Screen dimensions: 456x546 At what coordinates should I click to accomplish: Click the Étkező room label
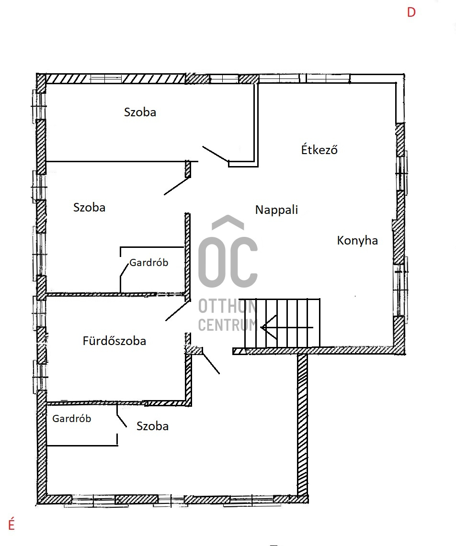click(319, 149)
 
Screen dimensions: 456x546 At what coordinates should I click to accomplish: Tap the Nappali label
click(276, 210)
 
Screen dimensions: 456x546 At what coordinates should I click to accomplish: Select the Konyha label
click(357, 240)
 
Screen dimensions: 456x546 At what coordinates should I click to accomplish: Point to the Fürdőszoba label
click(114, 340)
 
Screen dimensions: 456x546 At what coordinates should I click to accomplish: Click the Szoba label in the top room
click(140, 112)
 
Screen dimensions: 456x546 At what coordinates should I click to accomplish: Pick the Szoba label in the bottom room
click(152, 426)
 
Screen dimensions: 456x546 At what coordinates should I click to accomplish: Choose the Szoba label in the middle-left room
click(89, 207)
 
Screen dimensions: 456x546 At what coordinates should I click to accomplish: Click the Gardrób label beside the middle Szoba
click(149, 262)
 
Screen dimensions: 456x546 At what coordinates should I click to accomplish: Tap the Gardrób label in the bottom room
click(72, 418)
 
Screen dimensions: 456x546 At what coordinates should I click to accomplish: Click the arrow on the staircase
click(286, 327)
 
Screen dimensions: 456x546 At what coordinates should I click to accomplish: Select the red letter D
click(411, 12)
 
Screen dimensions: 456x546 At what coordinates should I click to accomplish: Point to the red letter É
click(11, 524)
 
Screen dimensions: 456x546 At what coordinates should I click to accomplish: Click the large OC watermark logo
click(228, 262)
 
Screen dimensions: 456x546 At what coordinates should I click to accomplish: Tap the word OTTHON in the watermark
click(228, 306)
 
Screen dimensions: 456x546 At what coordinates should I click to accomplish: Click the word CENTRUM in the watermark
click(228, 325)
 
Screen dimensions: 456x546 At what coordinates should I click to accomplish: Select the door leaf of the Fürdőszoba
click(178, 311)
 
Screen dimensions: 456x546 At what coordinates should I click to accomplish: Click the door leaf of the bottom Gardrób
click(122, 416)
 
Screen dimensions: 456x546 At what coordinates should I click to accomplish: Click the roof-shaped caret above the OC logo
click(228, 222)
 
